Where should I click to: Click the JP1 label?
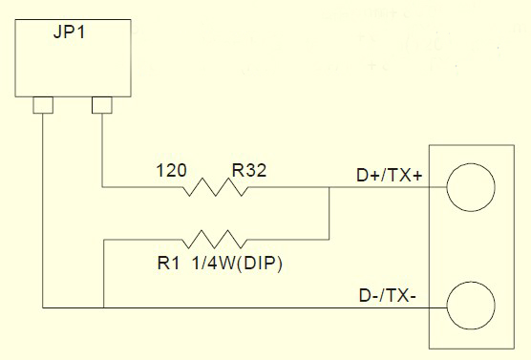(69, 32)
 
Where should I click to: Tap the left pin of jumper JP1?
(43, 105)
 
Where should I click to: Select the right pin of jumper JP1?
(102, 105)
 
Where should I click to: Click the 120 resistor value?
(171, 170)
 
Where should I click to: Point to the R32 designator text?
(249, 170)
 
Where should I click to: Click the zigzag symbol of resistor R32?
(216, 187)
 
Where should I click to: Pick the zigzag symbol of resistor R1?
(215, 240)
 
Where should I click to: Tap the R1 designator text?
(168, 264)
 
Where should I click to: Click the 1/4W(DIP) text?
(238, 264)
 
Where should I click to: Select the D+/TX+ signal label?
(390, 176)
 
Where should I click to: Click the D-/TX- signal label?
(388, 296)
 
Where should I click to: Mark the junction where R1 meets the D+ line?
(329, 187)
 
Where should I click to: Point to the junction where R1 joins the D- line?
(103, 307)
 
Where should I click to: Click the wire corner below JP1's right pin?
(102, 187)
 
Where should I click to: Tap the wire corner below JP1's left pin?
(43, 307)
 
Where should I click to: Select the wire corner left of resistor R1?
(103, 240)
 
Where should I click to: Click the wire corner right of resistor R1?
(329, 240)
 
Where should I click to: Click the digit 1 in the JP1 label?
(81, 32)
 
